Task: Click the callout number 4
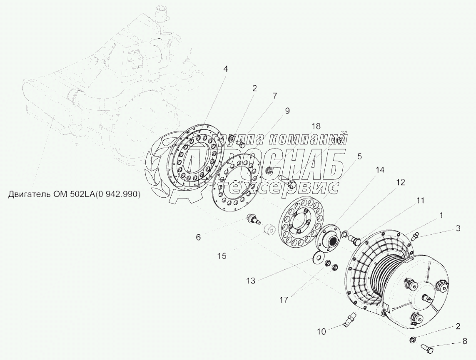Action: (225, 69)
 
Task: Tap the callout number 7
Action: (274, 96)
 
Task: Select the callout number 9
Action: (287, 111)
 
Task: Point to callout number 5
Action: (359, 156)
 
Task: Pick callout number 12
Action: (400, 182)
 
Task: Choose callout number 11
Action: (420, 201)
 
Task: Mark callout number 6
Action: (198, 237)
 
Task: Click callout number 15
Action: (222, 256)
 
